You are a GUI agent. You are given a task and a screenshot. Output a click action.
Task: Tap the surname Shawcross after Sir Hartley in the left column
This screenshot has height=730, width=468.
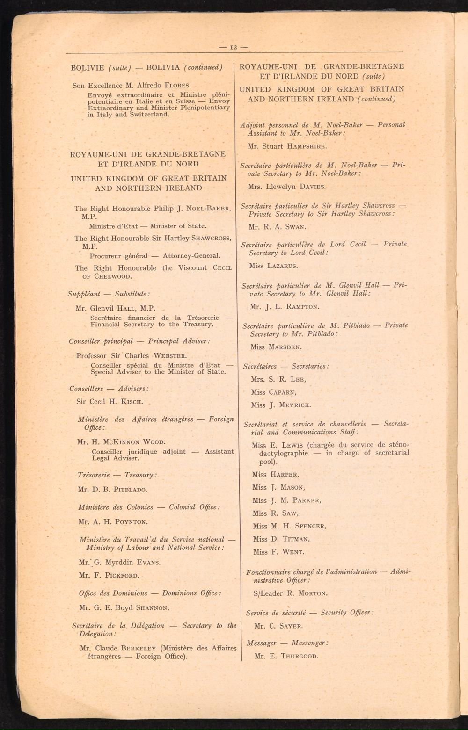(x=211, y=238)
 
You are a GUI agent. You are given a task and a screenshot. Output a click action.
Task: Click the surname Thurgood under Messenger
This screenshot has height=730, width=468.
(x=300, y=656)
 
